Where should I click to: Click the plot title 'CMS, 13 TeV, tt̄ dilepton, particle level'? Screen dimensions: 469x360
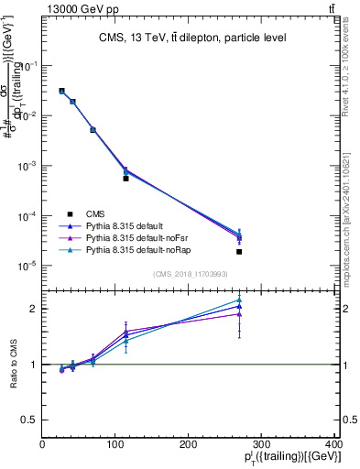192,38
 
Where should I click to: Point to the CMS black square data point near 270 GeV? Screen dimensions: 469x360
239,251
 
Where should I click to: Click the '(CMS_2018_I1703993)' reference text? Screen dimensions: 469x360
191,274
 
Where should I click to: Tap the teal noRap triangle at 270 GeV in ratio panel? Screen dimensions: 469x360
239,300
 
